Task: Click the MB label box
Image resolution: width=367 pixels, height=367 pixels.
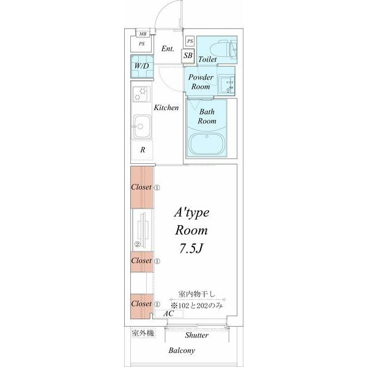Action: pyautogui.click(x=143, y=34)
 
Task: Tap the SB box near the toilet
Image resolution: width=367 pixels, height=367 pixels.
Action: pyautogui.click(x=189, y=56)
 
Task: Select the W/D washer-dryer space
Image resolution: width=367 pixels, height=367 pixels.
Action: pyautogui.click(x=141, y=66)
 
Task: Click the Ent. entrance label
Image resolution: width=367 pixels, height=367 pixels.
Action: pyautogui.click(x=168, y=48)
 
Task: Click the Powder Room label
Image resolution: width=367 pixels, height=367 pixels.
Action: pyautogui.click(x=201, y=82)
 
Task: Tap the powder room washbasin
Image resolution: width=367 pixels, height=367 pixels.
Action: pyautogui.click(x=229, y=86)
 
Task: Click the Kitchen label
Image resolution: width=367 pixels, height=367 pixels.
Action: pyautogui.click(x=166, y=108)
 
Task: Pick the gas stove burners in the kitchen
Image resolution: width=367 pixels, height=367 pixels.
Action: pyautogui.click(x=141, y=94)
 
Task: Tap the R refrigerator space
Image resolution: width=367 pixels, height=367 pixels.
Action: pyautogui.click(x=143, y=150)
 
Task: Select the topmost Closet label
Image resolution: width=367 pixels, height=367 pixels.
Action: pyautogui.click(x=141, y=187)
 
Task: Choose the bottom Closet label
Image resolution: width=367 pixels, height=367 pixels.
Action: pyautogui.click(x=141, y=303)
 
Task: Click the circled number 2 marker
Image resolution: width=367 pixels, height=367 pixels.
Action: pyautogui.click(x=138, y=244)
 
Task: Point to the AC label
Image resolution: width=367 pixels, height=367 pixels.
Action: pyautogui.click(x=168, y=314)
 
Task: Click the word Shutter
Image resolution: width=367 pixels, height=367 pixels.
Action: pyautogui.click(x=197, y=335)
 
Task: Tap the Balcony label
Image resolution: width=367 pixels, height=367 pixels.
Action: pyautogui.click(x=182, y=350)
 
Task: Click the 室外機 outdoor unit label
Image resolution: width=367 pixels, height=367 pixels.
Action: pyautogui.click(x=143, y=333)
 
